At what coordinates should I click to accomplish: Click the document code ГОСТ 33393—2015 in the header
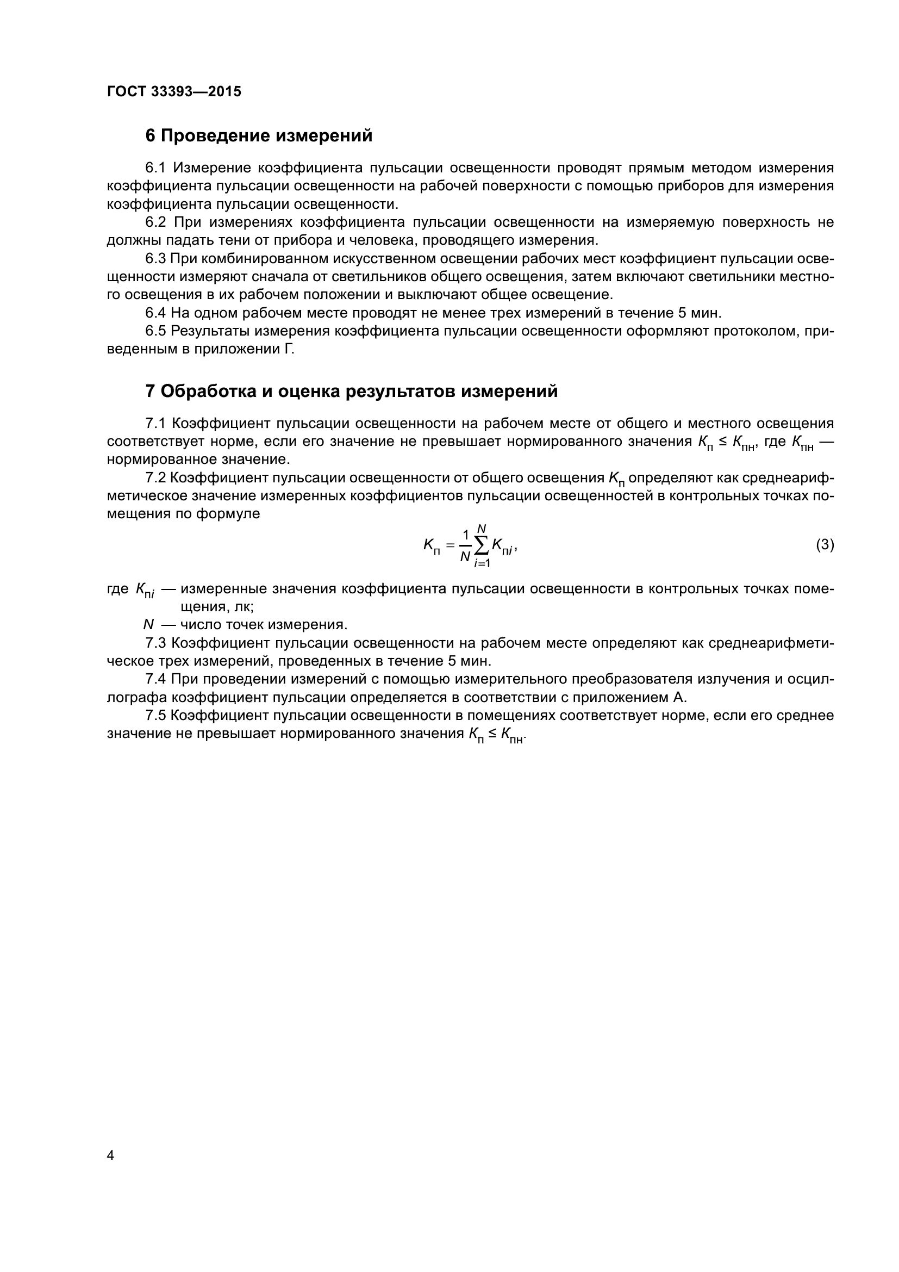click(174, 92)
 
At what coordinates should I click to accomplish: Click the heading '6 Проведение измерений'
click(259, 136)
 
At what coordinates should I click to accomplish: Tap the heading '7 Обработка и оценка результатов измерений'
click(351, 391)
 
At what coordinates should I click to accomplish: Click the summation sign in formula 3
click(482, 546)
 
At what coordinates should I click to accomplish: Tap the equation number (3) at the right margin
click(825, 545)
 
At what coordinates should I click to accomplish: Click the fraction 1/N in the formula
click(465, 545)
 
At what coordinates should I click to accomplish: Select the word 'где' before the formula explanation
click(117, 588)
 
